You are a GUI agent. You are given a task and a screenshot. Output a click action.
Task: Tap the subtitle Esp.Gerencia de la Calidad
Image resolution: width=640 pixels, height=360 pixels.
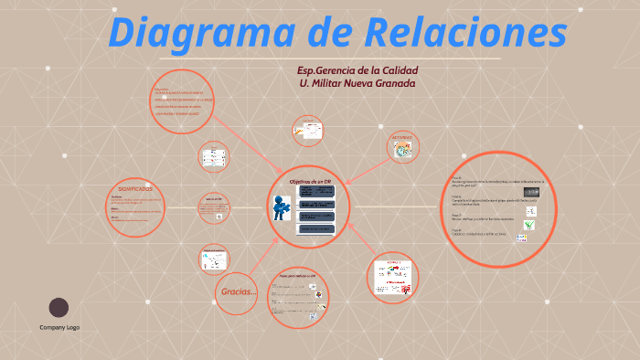click(x=358, y=71)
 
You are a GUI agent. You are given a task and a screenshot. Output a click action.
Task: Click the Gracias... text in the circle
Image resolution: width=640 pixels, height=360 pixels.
click(x=239, y=292)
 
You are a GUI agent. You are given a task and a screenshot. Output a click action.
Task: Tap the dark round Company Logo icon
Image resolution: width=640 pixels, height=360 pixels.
click(x=59, y=307)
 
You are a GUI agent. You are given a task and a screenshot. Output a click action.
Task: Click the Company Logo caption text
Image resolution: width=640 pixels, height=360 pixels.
click(x=59, y=327)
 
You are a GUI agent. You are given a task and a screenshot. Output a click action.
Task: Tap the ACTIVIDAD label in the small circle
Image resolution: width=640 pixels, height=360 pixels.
click(x=403, y=138)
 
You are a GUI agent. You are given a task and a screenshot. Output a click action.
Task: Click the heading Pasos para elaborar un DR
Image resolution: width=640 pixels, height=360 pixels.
click(x=298, y=276)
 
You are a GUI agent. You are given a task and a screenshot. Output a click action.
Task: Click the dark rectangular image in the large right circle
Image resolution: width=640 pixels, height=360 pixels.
click(x=532, y=193)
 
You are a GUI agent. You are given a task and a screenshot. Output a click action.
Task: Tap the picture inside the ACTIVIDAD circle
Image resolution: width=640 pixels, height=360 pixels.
click(x=403, y=152)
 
